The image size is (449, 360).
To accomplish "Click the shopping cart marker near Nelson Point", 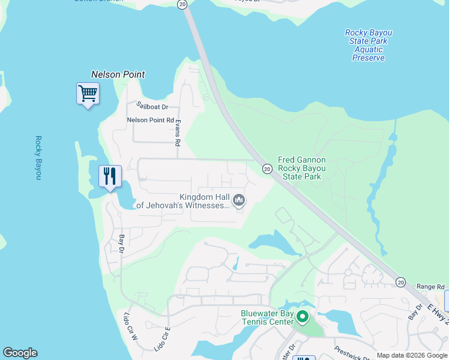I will [x=88, y=94].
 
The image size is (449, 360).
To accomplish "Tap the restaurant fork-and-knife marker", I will [x=110, y=176].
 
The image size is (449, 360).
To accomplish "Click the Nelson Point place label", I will [x=118, y=74].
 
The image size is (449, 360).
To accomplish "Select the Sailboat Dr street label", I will [x=152, y=106].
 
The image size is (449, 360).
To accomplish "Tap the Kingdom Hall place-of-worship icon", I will [x=239, y=199].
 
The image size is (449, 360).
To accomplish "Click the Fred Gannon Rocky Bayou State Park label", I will [x=302, y=169].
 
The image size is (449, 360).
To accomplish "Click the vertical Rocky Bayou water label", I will [x=38, y=157].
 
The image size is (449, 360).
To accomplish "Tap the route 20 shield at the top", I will [x=182, y=4].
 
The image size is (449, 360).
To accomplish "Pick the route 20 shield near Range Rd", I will [x=400, y=282].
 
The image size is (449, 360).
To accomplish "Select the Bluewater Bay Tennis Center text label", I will [x=268, y=317].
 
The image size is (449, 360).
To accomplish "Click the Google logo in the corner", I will [x=20, y=353].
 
